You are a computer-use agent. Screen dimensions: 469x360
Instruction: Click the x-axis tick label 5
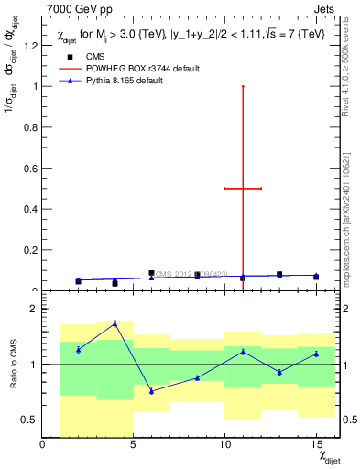click(134, 445)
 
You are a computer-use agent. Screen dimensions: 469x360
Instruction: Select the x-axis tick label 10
click(224, 445)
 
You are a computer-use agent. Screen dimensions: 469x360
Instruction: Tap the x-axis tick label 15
click(316, 445)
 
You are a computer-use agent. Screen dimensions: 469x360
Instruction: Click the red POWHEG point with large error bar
click(243, 189)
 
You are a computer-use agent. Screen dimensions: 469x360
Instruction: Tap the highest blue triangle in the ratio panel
click(115, 323)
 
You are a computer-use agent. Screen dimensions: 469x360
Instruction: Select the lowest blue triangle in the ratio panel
click(151, 391)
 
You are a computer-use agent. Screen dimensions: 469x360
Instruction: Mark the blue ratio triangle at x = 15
click(316, 354)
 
